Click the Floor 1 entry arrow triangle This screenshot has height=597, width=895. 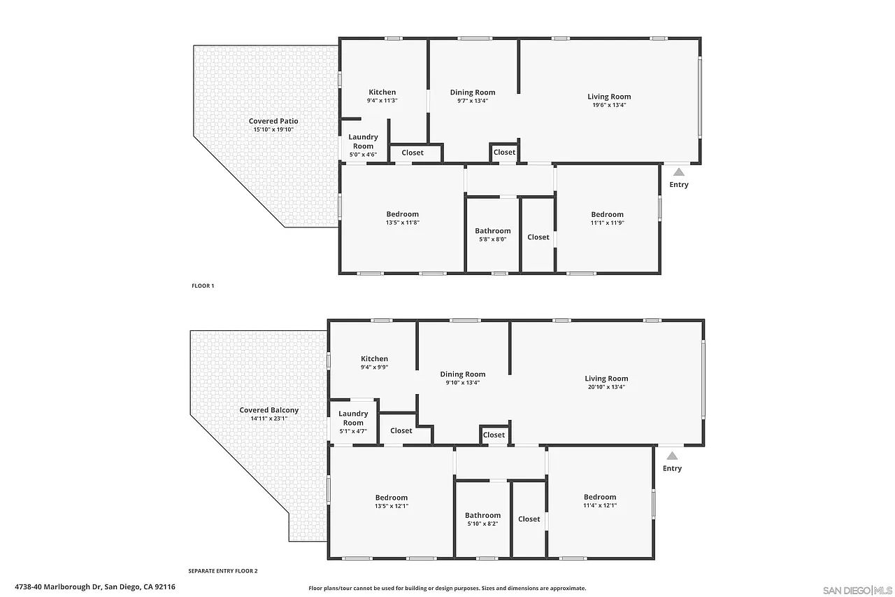pyautogui.click(x=679, y=172)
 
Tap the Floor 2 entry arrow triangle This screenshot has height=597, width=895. pyautogui.click(x=672, y=456)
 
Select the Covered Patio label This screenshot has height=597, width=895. pyautogui.click(x=273, y=121)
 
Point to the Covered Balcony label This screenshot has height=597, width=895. pyautogui.click(x=269, y=410)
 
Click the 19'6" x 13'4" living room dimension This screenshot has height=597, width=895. pyautogui.click(x=609, y=105)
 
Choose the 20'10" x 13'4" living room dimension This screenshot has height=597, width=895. pyautogui.click(x=606, y=387)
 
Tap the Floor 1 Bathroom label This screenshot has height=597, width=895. pyautogui.click(x=493, y=231)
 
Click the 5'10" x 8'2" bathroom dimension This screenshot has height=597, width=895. pyautogui.click(x=482, y=524)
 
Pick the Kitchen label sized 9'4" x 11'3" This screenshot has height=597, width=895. pyautogui.click(x=382, y=92)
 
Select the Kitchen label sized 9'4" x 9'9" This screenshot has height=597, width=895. pyautogui.click(x=374, y=358)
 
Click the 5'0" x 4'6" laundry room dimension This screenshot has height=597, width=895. pyautogui.click(x=363, y=155)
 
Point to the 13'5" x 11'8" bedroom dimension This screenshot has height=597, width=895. pyautogui.click(x=402, y=223)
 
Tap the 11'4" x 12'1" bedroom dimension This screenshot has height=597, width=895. pyautogui.click(x=600, y=505)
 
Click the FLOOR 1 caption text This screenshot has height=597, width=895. pyautogui.click(x=203, y=286)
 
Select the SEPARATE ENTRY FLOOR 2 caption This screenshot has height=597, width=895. pyautogui.click(x=223, y=571)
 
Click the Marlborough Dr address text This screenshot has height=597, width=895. pyautogui.click(x=95, y=587)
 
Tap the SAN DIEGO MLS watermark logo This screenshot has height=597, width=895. pyautogui.click(x=857, y=591)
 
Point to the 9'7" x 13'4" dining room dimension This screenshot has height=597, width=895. pyautogui.click(x=473, y=101)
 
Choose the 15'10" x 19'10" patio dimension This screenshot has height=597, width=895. pyautogui.click(x=273, y=129)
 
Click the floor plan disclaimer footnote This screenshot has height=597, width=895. pyautogui.click(x=447, y=588)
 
